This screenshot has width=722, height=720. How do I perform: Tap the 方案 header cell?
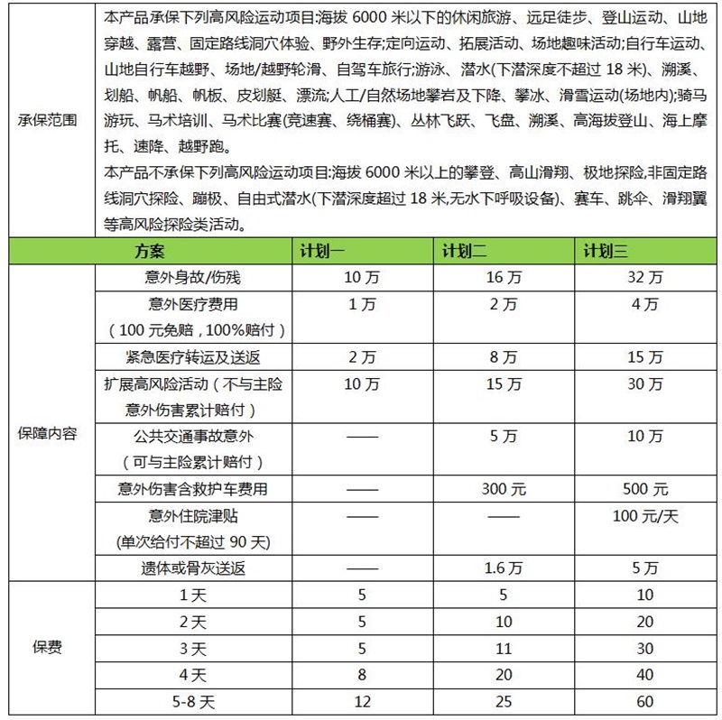(x=150, y=251)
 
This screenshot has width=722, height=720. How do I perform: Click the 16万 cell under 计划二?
(x=504, y=278)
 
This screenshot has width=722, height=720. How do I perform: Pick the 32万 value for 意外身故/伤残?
(x=645, y=278)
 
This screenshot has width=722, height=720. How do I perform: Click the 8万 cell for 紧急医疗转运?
(x=504, y=357)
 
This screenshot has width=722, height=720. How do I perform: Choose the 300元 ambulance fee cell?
(x=504, y=490)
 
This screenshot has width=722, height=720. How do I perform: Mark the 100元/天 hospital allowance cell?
(x=645, y=516)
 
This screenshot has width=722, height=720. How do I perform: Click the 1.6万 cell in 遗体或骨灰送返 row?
(x=504, y=568)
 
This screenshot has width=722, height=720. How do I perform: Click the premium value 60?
(x=645, y=701)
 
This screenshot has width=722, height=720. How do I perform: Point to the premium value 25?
(x=504, y=701)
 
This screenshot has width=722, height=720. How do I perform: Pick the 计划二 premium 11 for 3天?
(x=504, y=648)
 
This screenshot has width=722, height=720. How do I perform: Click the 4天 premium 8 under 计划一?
(x=362, y=674)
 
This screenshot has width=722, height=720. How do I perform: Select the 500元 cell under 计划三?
(x=645, y=490)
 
